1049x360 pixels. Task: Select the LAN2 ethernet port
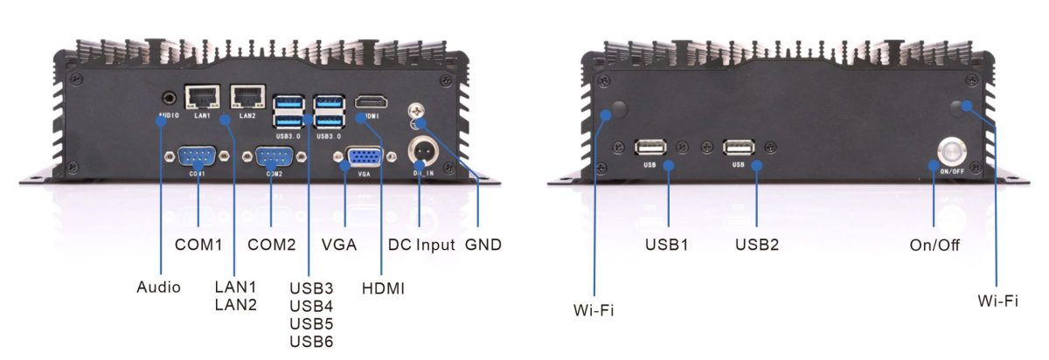pos(246,96)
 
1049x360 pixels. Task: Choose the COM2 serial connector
pos(272,158)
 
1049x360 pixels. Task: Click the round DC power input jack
pos(423,149)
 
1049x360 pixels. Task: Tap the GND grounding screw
pos(419,112)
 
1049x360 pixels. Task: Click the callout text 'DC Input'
pos(422,245)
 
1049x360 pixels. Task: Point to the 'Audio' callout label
pos(159,287)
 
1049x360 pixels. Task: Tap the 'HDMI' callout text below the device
pos(382,287)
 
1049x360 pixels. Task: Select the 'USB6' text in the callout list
pos(310,341)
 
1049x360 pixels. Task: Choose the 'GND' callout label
pos(483,245)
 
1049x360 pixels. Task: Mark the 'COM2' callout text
pos(272,245)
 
